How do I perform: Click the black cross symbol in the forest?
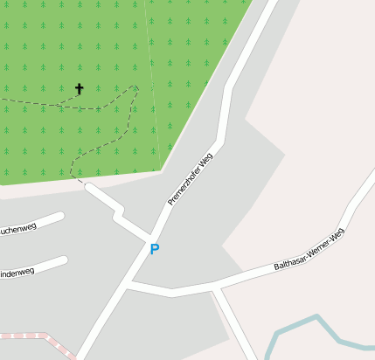pyautogui.click(x=79, y=88)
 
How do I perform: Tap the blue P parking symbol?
pyautogui.click(x=155, y=250)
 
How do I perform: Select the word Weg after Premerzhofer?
pyautogui.click(x=207, y=158)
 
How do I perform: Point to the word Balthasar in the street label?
pyautogui.click(x=289, y=259)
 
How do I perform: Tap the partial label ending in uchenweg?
pyautogui.click(x=17, y=229)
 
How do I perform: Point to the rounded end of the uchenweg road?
pyautogui.click(x=60, y=216)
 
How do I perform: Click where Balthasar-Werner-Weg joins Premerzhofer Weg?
pyautogui.click(x=129, y=285)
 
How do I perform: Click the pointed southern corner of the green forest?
pyautogui.click(x=160, y=170)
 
